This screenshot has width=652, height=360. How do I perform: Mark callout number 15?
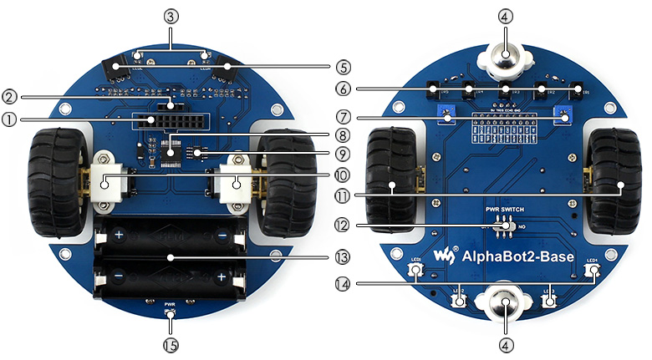pos(171,342)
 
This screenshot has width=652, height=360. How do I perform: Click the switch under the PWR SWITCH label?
pos(503,225)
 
